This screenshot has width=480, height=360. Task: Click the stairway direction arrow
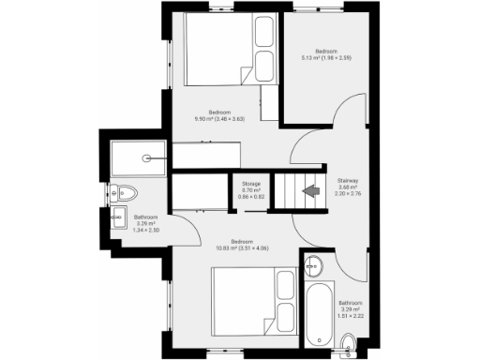(x=307, y=193)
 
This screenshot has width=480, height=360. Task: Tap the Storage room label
(x=250, y=184)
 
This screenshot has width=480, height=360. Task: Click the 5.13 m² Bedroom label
(x=326, y=50)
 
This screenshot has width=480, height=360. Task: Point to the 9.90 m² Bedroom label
(x=219, y=112)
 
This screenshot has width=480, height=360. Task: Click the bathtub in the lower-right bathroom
(x=315, y=313)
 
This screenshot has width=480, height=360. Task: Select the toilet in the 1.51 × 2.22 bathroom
(x=349, y=340)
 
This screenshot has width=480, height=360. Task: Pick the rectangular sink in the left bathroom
(x=118, y=219)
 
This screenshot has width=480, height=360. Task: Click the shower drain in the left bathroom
(x=145, y=158)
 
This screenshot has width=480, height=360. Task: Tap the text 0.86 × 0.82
(x=250, y=197)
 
